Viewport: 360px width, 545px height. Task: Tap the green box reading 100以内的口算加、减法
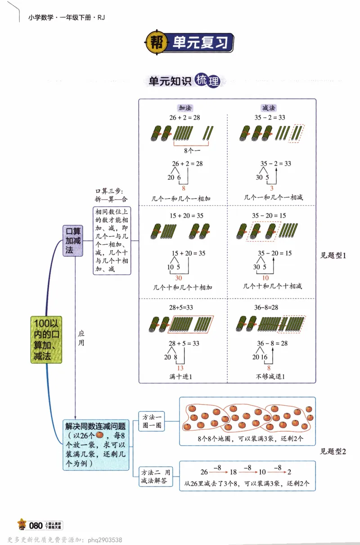[47, 339]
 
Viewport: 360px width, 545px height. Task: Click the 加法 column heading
[184, 108]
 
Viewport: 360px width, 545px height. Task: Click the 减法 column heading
[269, 108]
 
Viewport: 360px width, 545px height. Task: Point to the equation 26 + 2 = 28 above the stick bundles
[184, 118]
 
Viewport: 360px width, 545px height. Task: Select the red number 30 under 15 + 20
[179, 277]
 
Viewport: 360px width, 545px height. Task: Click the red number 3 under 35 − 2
[272, 188]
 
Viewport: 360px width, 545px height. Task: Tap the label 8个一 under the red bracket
[192, 151]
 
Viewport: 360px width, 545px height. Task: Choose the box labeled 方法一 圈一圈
[152, 420]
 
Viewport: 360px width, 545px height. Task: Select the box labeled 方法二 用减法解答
[155, 477]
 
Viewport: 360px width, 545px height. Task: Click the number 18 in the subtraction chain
[234, 472]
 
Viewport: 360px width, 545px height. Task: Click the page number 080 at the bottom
[36, 525]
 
